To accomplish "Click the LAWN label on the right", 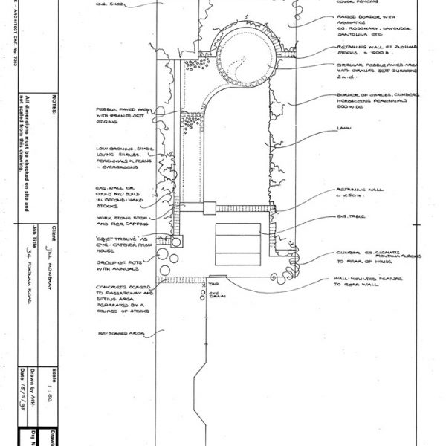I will point(343,128).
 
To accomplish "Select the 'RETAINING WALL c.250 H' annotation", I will point(361,193).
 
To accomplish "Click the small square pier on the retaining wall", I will point(209,209).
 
